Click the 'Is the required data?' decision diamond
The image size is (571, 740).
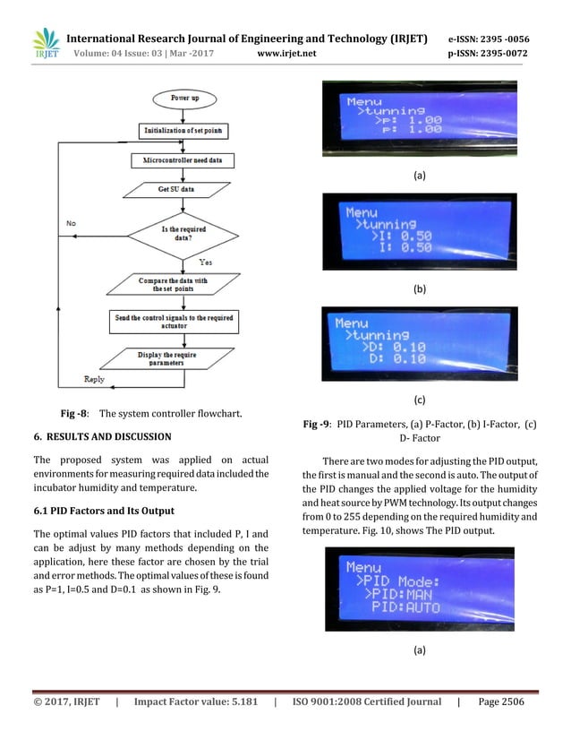(183, 236)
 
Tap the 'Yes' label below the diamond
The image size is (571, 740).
(205, 262)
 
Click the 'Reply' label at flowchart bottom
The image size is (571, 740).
(93, 380)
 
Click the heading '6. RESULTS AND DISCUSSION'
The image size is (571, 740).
(115, 437)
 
